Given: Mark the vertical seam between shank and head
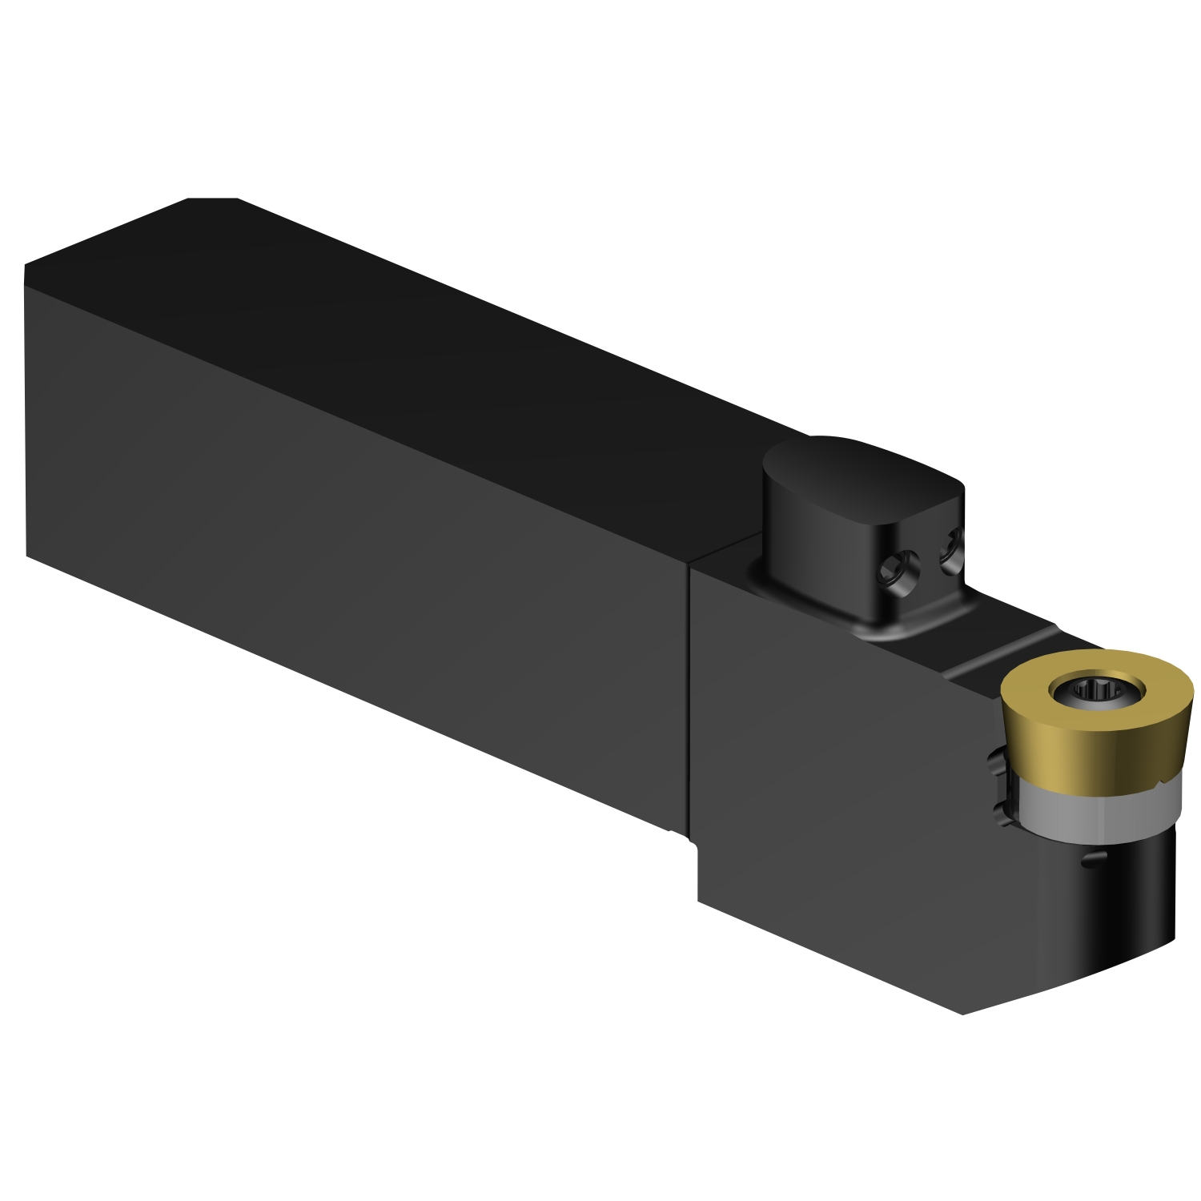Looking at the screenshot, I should (689, 697).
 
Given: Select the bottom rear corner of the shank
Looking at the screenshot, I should (28, 556).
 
